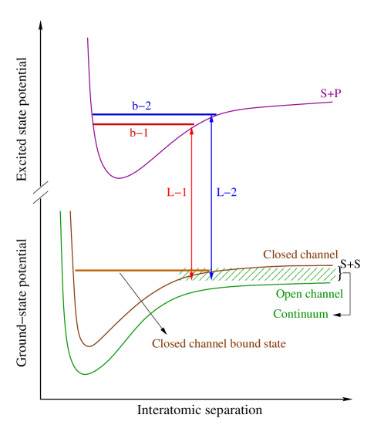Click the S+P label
(331, 93)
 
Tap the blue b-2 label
(141, 106)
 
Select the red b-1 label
(139, 133)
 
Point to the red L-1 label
(177, 193)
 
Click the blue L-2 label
(226, 193)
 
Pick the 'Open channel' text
(309, 294)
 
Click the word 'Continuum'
(300, 314)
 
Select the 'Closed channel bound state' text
(219, 343)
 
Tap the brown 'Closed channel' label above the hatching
(300, 254)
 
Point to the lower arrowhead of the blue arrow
(212, 275)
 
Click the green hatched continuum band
(293, 275)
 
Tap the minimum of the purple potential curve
(119, 178)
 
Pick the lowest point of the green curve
(86, 374)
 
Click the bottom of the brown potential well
(90, 346)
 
